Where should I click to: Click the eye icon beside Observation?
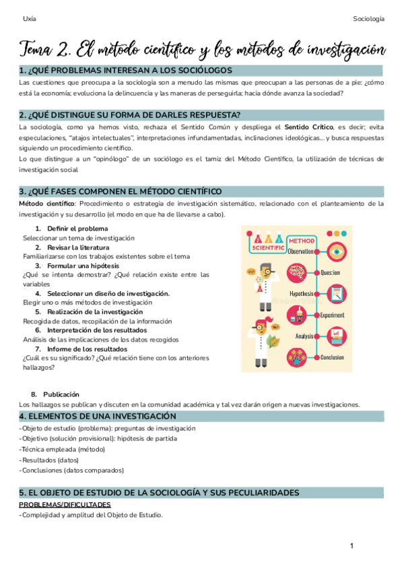(337, 252)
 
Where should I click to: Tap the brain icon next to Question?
(296, 272)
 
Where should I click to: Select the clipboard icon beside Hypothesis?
(337, 294)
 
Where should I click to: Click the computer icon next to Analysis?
(337, 335)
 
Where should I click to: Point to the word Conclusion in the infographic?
(333, 357)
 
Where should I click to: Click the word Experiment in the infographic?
(332, 315)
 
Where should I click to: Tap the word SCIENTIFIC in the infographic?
(268, 247)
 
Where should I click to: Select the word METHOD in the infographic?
(301, 241)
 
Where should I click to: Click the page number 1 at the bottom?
(351, 546)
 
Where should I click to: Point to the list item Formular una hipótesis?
(78, 266)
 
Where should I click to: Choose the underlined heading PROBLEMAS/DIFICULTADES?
(65, 504)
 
